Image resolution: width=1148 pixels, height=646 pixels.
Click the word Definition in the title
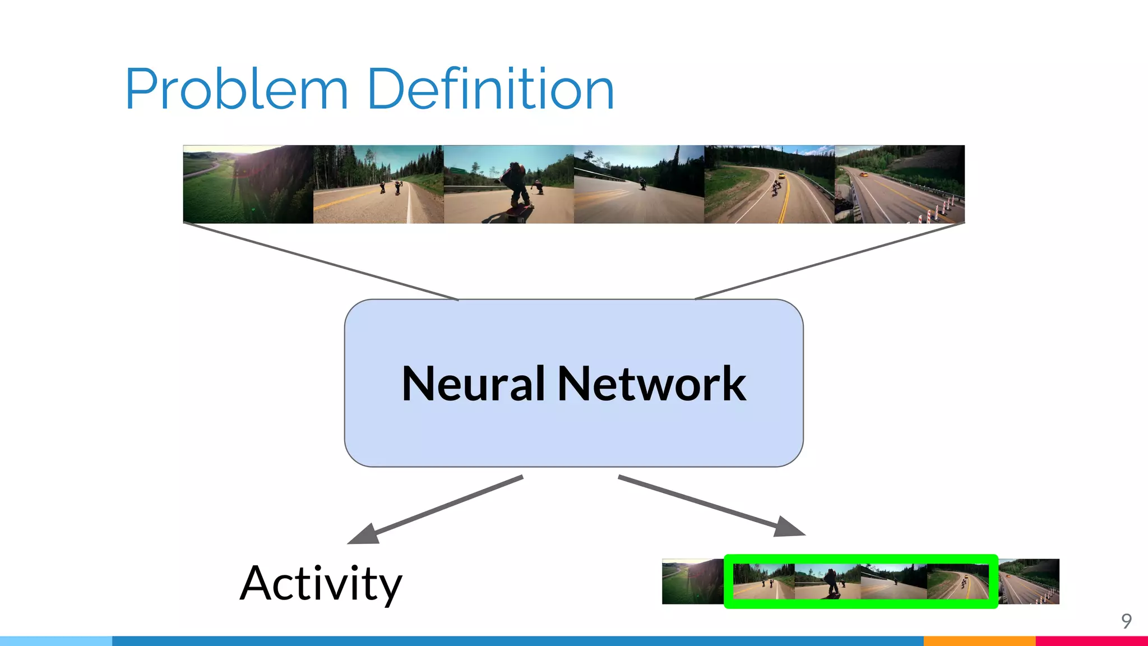tap(491, 90)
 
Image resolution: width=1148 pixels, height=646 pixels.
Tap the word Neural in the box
tap(473, 384)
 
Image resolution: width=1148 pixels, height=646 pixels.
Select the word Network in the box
tap(651, 384)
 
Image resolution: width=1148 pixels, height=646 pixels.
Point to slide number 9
tap(1126, 621)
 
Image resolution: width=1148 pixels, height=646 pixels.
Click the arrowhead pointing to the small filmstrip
tap(789, 527)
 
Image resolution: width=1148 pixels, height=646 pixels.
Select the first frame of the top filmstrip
tap(248, 184)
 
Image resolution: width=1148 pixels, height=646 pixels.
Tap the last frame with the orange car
tap(900, 184)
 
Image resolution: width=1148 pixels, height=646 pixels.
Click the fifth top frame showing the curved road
tap(769, 184)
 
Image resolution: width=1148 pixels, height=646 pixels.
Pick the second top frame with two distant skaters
tap(378, 184)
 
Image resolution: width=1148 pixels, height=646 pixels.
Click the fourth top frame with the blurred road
tap(639, 184)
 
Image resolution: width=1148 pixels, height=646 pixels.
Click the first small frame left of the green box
tap(692, 582)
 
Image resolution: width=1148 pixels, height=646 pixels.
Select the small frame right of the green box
tap(1030, 582)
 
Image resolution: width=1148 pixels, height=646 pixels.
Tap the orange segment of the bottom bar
tap(979, 640)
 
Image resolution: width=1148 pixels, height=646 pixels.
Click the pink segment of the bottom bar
tap(1091, 640)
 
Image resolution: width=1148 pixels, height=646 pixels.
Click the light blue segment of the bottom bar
tap(56, 640)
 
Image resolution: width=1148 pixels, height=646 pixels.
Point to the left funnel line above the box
tap(321, 261)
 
